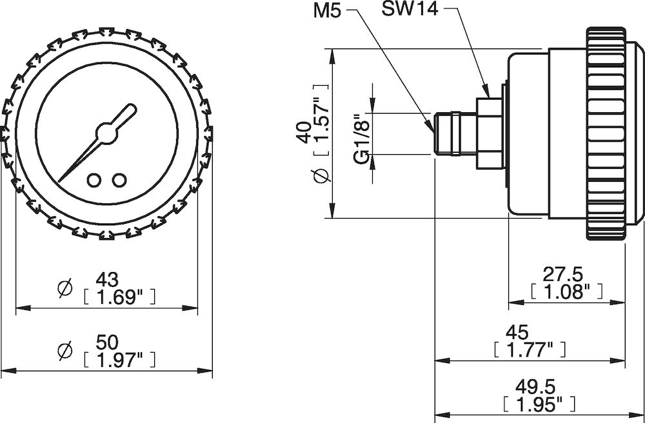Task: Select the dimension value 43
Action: pos(107,280)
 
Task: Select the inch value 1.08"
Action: pos(567,291)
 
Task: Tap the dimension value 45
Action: pos(517,332)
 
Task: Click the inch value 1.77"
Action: pos(530,350)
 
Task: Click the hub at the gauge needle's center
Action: pos(105,132)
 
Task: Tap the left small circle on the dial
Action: pos(94,180)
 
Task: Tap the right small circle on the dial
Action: pos(118,180)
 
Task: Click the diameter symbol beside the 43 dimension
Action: pos(64,290)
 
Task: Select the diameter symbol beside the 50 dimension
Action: pos(64,351)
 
